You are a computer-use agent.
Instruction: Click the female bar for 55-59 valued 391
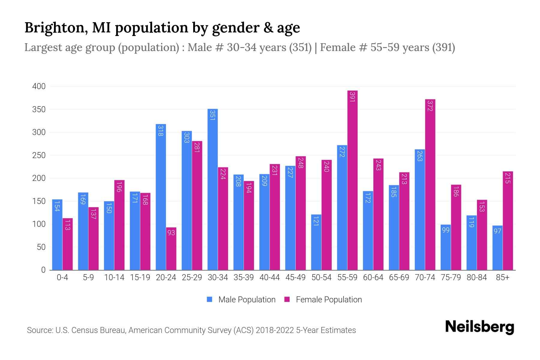tap(352, 180)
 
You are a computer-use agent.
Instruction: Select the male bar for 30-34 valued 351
tap(213, 189)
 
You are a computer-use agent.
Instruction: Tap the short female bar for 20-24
tap(171, 249)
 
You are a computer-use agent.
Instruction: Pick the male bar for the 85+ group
tap(497, 248)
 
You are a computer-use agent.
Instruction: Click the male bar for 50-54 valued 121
tap(316, 242)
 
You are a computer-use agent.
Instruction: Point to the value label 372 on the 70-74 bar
tap(430, 106)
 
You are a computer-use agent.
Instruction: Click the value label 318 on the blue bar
tap(161, 131)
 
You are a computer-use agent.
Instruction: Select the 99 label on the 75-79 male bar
tap(446, 230)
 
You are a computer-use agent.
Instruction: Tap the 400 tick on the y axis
tap(39, 86)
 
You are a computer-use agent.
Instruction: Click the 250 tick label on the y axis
tap(39, 155)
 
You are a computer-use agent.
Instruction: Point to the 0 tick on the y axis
tap(43, 270)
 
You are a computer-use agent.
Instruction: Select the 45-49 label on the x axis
tap(295, 277)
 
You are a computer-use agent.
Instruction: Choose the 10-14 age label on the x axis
tap(114, 277)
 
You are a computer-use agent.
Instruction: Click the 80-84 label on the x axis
tap(477, 277)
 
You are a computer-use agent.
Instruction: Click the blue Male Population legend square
tap(210, 299)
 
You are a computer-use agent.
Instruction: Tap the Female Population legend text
tap(329, 299)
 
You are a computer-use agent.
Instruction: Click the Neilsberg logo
tap(479, 327)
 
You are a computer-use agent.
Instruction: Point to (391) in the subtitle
tap(443, 47)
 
